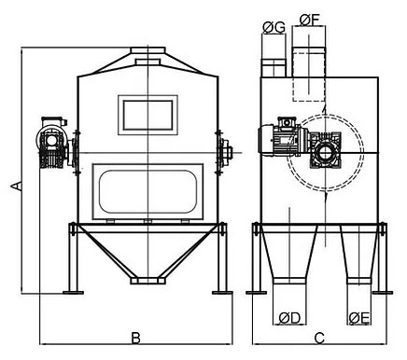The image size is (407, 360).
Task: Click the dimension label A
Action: pos(16,186)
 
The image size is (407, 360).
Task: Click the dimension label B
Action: pos(135,338)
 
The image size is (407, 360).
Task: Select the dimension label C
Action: pos(319,338)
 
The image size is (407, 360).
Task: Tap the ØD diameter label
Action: pos(289,318)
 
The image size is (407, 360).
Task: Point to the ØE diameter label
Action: pos(359,318)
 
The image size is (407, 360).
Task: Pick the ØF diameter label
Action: pos(310,21)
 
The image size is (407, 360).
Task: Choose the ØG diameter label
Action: pos(274,28)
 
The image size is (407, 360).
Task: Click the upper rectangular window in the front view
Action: pos(147,115)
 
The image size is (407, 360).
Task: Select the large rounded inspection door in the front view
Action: pos(147,191)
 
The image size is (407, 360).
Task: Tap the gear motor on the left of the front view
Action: pos(52,142)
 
